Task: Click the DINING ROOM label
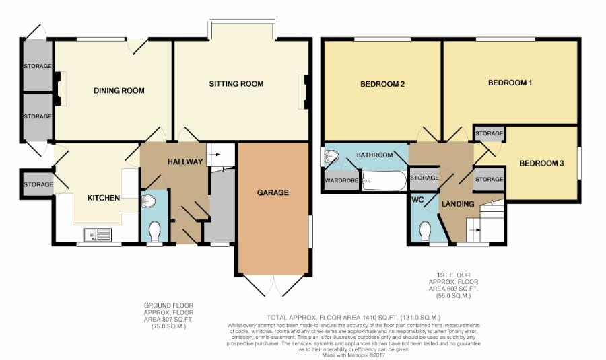(119, 91)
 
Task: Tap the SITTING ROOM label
(236, 84)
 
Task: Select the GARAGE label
(273, 192)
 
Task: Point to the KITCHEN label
(104, 198)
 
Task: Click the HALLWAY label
(185, 162)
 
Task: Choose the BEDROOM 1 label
(510, 83)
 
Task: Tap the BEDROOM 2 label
(382, 84)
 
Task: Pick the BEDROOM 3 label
(541, 164)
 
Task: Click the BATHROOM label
(374, 155)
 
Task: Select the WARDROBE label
(341, 180)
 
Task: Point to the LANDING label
(458, 204)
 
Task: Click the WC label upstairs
(417, 200)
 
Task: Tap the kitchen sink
(98, 234)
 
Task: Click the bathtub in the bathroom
(384, 180)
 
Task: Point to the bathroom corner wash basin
(331, 156)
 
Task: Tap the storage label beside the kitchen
(38, 184)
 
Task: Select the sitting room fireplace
(304, 92)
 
